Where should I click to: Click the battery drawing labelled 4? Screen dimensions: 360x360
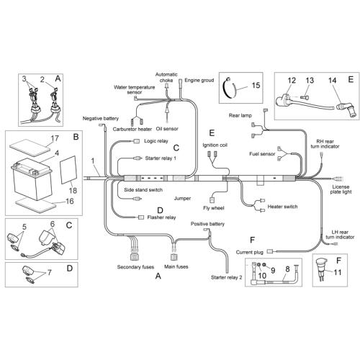(x=32, y=179)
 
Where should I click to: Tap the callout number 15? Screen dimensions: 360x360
(x=256, y=85)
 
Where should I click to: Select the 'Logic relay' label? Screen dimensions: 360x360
(x=156, y=141)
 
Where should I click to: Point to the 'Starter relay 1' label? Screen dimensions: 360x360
(x=161, y=158)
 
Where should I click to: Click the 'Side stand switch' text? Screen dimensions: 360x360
(x=143, y=190)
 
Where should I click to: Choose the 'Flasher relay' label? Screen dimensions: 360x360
(x=161, y=217)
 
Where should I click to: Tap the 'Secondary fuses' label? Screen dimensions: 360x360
(x=135, y=267)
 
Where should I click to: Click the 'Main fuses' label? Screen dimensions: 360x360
(x=176, y=266)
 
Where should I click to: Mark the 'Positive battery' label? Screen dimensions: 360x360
(x=207, y=224)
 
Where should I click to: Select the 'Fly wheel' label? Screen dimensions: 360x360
(x=214, y=208)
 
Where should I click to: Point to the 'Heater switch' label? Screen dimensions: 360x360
(x=282, y=207)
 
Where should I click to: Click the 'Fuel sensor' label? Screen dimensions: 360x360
(x=262, y=154)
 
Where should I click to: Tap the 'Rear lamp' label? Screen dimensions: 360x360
(x=240, y=115)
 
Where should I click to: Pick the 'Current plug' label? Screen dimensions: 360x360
(x=250, y=252)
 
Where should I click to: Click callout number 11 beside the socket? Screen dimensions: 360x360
(x=338, y=272)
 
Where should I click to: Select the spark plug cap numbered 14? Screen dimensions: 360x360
(x=345, y=109)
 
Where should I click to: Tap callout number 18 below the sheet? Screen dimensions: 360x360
(x=73, y=191)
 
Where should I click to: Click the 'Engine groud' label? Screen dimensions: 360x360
(x=199, y=81)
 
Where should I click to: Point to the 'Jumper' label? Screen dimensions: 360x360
(x=182, y=199)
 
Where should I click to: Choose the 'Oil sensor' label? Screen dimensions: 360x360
(x=167, y=129)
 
